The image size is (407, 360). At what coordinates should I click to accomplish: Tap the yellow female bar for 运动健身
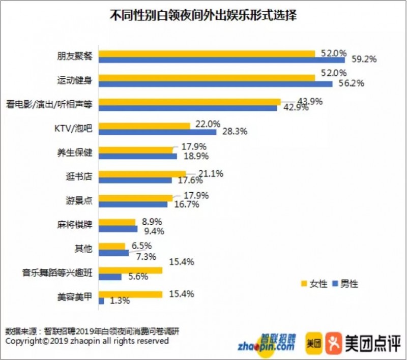pyautogui.click(x=207, y=77)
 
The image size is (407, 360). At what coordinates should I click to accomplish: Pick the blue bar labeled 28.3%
pyautogui.click(x=157, y=132)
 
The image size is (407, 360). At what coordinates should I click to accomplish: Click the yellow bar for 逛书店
pyautogui.click(x=142, y=173)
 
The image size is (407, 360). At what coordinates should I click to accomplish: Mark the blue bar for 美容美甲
pyautogui.click(x=101, y=301)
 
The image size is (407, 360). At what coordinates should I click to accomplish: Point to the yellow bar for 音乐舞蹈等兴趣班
pyautogui.click(x=130, y=270)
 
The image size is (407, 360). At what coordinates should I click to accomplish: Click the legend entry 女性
pyautogui.click(x=314, y=284)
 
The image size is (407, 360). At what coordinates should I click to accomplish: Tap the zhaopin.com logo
pyautogui.click(x=266, y=343)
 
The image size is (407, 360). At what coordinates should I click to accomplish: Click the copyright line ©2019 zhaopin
pyautogui.click(x=86, y=341)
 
